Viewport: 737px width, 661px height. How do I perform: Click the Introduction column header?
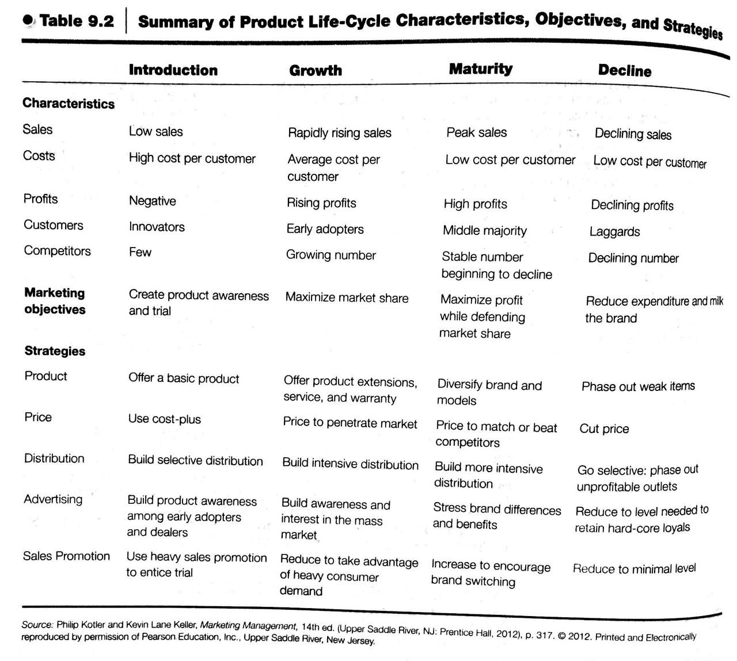[173, 70]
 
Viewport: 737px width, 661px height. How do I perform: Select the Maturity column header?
[480, 69]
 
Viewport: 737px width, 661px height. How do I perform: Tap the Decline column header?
[625, 71]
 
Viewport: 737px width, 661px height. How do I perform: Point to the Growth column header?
[315, 71]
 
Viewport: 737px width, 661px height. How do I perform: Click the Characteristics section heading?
[69, 104]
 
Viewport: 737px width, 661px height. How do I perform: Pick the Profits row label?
[40, 199]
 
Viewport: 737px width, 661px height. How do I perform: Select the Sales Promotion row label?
[66, 556]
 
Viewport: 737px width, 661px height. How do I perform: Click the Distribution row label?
[54, 458]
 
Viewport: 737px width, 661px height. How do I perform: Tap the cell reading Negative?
[152, 201]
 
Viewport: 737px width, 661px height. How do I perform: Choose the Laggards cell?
[614, 232]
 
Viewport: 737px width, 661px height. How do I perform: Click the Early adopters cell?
[325, 229]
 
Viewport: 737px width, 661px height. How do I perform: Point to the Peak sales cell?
[476, 132]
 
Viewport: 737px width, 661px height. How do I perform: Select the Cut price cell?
[604, 429]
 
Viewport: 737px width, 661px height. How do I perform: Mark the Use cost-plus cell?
[164, 419]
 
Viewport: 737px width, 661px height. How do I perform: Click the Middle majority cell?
[484, 231]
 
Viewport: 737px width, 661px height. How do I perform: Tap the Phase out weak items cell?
[638, 386]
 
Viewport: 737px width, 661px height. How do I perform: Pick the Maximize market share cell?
[347, 298]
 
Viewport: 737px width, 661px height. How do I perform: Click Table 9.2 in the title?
[77, 21]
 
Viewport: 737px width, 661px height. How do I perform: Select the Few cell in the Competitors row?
[140, 252]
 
